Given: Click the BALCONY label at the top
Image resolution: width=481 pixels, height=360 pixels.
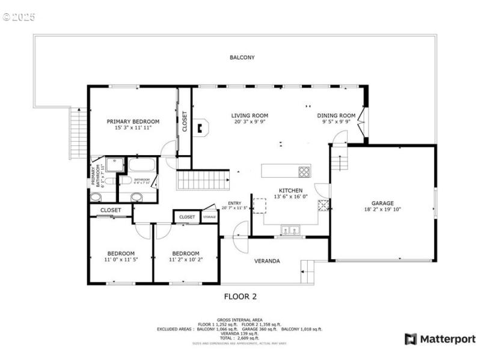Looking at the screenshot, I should (242, 58).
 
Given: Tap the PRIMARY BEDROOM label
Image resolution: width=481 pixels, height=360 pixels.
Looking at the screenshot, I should (133, 121).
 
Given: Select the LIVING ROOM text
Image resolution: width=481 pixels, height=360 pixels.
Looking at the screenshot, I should (250, 115).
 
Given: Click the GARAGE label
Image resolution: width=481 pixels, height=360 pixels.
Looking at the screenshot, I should (382, 203).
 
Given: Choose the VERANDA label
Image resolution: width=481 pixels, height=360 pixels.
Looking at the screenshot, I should (266, 261).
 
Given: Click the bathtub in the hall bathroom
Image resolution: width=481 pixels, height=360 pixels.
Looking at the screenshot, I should (141, 165).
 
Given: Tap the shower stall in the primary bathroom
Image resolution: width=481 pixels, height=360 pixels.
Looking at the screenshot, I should (115, 165).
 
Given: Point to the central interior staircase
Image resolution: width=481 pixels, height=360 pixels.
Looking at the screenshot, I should (203, 180).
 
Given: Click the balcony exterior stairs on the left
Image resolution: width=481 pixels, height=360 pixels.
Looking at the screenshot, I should (79, 133).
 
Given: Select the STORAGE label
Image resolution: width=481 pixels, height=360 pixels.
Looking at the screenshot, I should (209, 217).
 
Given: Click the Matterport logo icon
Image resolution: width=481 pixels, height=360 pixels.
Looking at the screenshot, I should (411, 339).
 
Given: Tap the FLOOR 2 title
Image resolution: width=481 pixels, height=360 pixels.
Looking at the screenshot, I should (240, 296).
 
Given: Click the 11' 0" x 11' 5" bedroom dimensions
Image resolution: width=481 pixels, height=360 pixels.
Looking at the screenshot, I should (121, 260).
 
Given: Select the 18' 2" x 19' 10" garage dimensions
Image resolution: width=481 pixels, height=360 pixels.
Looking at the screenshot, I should (382, 210).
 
